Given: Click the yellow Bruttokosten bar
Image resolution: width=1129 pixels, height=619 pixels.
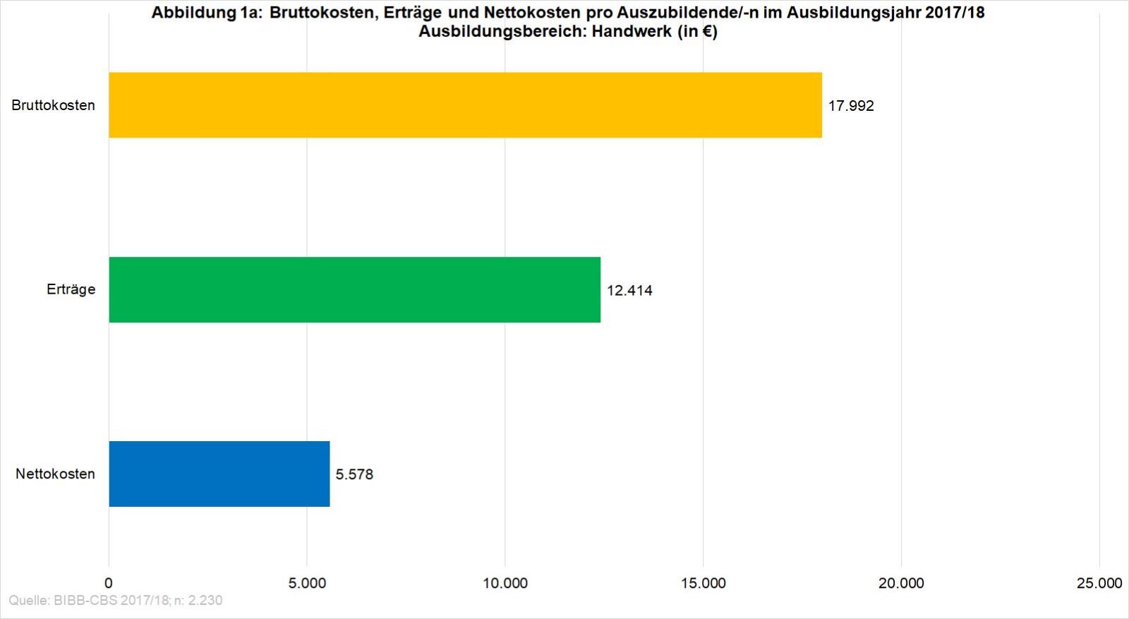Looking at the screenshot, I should tap(465, 104).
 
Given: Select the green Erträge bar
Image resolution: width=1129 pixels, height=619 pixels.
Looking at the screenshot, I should tap(354, 289).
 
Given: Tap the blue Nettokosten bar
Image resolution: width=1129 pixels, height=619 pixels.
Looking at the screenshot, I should tap(219, 474).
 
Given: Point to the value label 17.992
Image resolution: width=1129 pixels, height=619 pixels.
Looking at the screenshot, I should tap(851, 106).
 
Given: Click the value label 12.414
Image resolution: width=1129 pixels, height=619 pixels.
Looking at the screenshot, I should tap(629, 290).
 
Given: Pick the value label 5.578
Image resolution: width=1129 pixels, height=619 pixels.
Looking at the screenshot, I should tap(354, 474).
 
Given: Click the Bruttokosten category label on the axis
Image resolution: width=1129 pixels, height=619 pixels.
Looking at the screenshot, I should tap(53, 105).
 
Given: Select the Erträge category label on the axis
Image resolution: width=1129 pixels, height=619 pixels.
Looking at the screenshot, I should tap(71, 289).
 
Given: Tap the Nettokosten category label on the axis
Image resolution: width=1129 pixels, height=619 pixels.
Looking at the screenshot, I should tap(55, 474).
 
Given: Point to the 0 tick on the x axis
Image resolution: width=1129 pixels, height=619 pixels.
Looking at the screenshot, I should tap(109, 583).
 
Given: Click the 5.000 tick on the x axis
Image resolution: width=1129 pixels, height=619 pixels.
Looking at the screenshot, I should tap(307, 583).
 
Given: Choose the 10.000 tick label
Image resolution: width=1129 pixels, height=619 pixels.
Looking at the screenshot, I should tap(505, 583).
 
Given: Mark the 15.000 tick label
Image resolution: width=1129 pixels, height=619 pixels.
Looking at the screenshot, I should tap(704, 583).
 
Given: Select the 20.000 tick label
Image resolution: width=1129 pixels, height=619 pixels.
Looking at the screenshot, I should tap(901, 583).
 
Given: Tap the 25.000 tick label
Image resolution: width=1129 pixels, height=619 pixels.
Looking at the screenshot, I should tap(1099, 583).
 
